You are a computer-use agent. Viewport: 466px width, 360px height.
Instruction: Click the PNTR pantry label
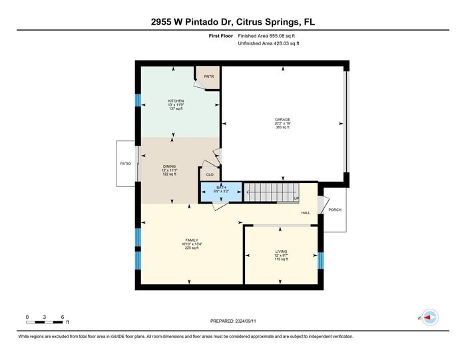(208, 77)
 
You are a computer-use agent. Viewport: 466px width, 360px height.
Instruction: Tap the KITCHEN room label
(176, 101)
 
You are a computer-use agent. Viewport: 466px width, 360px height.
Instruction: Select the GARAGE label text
(282, 120)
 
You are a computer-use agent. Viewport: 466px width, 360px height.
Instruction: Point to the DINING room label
(170, 166)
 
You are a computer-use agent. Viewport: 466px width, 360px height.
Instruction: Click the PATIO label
(125, 164)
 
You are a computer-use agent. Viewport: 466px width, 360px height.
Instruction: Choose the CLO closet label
(209, 175)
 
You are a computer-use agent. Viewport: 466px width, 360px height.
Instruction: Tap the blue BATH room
(220, 190)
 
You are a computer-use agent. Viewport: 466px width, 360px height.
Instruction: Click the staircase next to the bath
(270, 192)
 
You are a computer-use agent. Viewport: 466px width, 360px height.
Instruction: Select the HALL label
(306, 213)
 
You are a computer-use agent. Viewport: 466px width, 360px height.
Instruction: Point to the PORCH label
(335, 210)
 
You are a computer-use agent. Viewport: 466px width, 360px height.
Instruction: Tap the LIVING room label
(282, 252)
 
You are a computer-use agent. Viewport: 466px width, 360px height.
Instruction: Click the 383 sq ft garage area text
(282, 128)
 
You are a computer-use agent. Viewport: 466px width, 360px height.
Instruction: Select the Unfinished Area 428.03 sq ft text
(270, 43)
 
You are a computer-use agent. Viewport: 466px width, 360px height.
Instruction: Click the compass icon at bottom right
(430, 318)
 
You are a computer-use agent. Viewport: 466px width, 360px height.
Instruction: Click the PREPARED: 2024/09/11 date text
(232, 321)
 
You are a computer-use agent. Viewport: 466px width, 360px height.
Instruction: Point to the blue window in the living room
(320, 260)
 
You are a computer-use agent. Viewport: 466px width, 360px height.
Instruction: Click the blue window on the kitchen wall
(138, 100)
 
